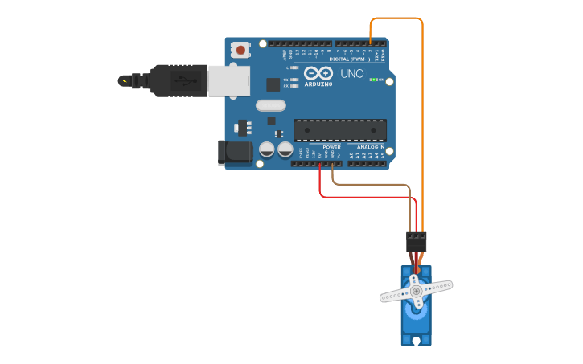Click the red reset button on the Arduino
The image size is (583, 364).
pyautogui.click(x=240, y=50)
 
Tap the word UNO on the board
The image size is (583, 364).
pyautogui.click(x=352, y=73)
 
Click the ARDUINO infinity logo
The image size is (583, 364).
pyautogui.click(x=318, y=73)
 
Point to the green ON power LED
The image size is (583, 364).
pyautogui.click(x=372, y=80)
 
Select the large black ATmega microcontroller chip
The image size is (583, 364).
pyautogui.click(x=339, y=130)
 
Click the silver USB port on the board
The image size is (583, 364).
pyautogui.click(x=228, y=80)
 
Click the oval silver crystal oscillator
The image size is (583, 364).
pyautogui.click(x=271, y=105)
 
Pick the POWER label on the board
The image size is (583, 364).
pyautogui.click(x=331, y=147)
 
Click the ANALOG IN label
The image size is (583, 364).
pyautogui.click(x=371, y=147)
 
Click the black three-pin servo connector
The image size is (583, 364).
pyautogui.click(x=416, y=241)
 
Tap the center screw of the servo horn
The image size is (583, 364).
pyautogui.click(x=416, y=291)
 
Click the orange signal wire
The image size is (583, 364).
pyautogui.click(x=422, y=121)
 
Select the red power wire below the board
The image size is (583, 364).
pyautogui.click(x=362, y=196)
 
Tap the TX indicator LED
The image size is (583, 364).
pyautogui.click(x=295, y=80)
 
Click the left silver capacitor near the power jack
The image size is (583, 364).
pyautogui.click(x=267, y=149)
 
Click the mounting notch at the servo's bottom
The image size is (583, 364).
pyautogui.click(x=416, y=341)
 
